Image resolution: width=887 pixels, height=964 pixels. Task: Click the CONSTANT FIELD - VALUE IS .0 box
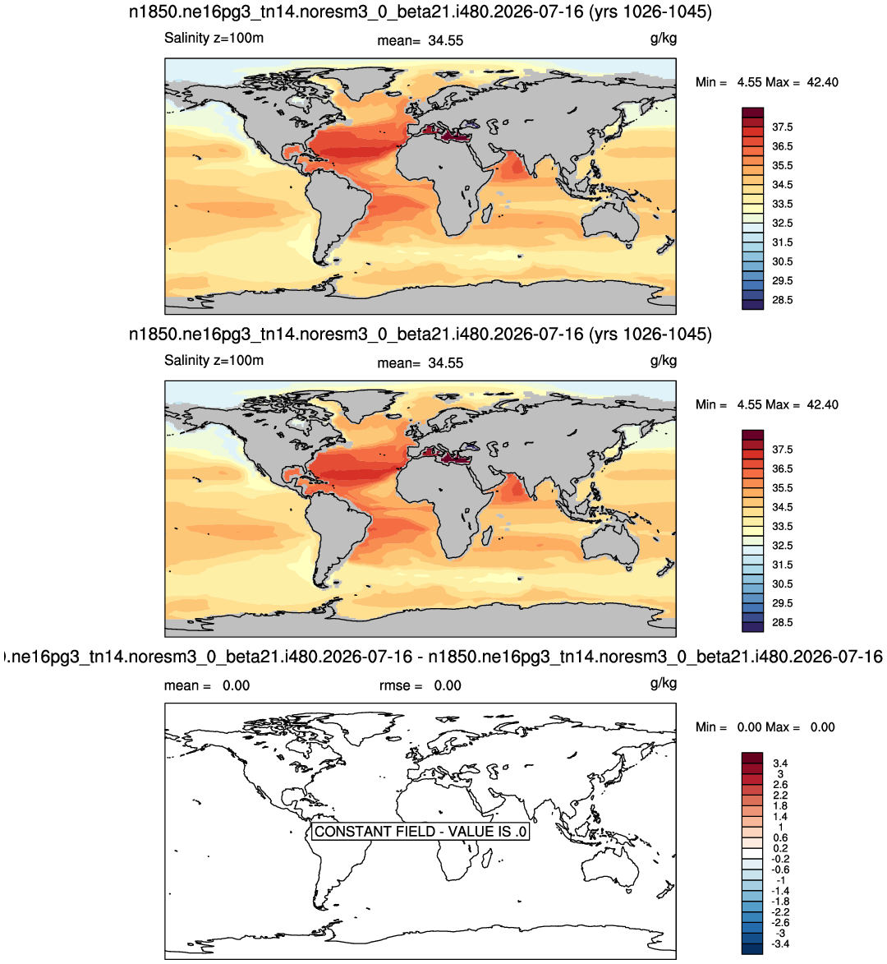click(x=421, y=831)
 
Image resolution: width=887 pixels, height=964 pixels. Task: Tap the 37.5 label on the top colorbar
click(x=782, y=127)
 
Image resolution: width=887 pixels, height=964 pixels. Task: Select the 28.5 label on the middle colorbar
click(x=782, y=622)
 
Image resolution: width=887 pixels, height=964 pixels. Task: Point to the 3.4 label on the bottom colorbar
click(x=780, y=763)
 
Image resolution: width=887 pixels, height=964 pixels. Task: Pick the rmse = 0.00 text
click(x=421, y=685)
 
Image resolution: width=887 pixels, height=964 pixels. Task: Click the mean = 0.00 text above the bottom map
click(x=207, y=685)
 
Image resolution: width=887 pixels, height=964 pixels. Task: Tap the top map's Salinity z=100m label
click(x=214, y=38)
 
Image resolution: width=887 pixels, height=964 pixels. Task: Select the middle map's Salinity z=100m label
click(x=214, y=360)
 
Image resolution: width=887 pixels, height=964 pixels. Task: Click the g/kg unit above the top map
click(x=664, y=39)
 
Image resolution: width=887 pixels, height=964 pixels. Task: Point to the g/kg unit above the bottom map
click(x=664, y=684)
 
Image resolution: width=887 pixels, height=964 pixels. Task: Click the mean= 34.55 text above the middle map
click(x=421, y=363)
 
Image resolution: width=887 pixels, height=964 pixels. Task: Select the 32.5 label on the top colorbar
click(x=782, y=224)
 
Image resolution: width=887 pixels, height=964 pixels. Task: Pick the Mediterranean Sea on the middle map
click(x=445, y=456)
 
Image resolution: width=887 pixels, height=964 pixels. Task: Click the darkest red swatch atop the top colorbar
click(x=752, y=113)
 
